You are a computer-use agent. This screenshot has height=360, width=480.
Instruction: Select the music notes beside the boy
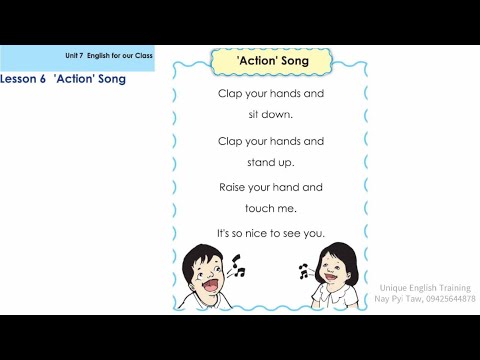pos(237,265)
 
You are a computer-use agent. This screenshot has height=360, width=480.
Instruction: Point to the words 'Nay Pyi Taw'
pos(397,299)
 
